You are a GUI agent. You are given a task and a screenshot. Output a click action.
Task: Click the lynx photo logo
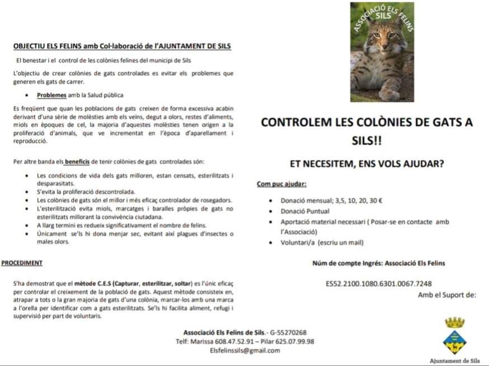point(382,52)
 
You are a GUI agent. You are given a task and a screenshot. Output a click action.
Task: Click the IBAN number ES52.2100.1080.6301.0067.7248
point(379,284)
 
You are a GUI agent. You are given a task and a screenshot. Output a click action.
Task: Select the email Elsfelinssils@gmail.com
point(244,350)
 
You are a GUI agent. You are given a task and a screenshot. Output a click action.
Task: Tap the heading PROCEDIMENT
point(22,263)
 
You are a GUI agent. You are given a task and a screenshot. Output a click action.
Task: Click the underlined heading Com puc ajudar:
point(281,183)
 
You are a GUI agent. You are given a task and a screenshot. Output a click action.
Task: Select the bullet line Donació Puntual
point(305,211)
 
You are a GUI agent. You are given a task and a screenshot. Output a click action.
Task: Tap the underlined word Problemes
point(51,95)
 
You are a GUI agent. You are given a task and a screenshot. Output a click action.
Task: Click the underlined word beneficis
point(77,162)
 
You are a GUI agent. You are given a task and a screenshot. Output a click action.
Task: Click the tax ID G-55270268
point(288,332)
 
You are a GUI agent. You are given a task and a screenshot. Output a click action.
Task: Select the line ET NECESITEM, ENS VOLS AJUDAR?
point(367,164)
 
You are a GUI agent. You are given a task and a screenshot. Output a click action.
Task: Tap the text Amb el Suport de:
point(447,294)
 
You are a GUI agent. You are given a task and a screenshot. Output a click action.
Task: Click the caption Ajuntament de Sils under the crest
point(454,361)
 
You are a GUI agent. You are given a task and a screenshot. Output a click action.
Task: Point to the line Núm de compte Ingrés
point(378,263)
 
